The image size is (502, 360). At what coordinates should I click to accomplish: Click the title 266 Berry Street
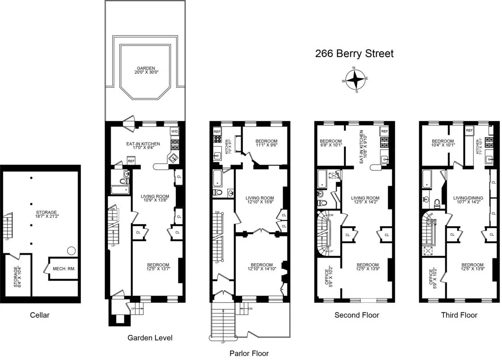pyautogui.click(x=354, y=54)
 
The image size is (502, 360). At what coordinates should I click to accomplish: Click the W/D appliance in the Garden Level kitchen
pyautogui.click(x=175, y=131)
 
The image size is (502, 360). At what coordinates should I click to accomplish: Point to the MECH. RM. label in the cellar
pyautogui.click(x=64, y=269)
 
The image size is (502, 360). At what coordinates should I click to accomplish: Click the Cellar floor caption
pyautogui.click(x=40, y=315)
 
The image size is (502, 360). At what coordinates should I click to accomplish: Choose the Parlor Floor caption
pyautogui.click(x=249, y=353)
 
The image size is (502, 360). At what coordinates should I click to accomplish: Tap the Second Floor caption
pyautogui.click(x=357, y=315)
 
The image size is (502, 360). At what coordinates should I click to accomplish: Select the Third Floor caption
pyautogui.click(x=459, y=315)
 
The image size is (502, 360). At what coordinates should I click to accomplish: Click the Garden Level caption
pyautogui.click(x=150, y=337)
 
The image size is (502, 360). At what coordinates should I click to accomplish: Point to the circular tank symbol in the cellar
pyautogui.click(x=71, y=250)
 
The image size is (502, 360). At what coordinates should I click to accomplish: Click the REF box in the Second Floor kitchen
pyautogui.click(x=384, y=131)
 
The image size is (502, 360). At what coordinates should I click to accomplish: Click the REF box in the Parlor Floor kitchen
pyautogui.click(x=217, y=131)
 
